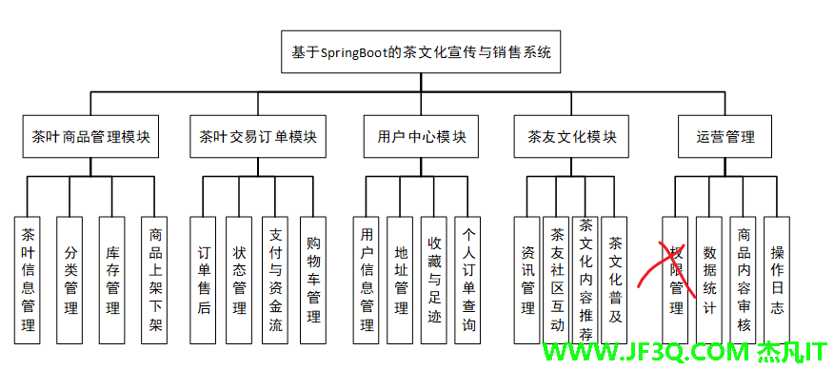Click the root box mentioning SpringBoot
422,52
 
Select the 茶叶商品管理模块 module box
90,136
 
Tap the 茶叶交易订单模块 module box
258,136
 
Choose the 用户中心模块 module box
415,136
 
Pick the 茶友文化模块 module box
572,136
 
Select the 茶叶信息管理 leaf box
29,279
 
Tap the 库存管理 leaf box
113,279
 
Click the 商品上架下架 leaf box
155,279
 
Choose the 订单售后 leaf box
204,279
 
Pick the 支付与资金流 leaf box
275,279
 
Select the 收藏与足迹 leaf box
434,279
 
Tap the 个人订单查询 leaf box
468,279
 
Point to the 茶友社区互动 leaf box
557,279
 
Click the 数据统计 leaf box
708,279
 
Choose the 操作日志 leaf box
777,279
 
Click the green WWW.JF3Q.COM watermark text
646,353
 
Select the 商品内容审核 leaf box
744,279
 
